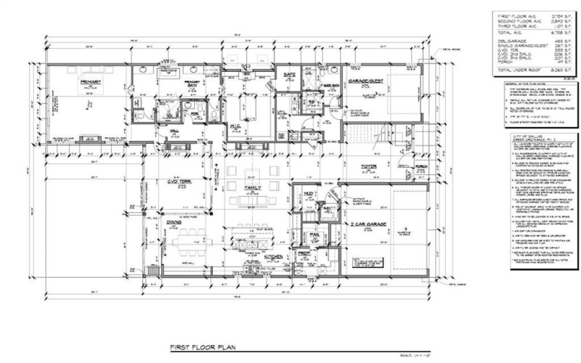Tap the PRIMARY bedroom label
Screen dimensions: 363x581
click(90, 83)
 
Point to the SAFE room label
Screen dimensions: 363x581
click(287, 74)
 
